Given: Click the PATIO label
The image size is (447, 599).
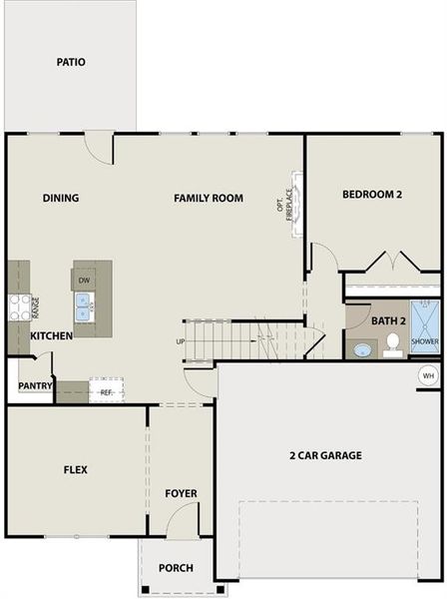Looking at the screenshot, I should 71,62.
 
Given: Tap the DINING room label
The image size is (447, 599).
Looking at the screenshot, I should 61,198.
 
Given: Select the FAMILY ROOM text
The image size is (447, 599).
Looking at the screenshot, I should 209,198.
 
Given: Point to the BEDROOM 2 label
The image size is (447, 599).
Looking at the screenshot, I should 371,195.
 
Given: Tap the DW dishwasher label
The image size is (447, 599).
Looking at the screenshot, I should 85,281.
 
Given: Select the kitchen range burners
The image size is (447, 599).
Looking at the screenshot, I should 19,307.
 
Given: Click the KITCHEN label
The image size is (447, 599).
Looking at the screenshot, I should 51,336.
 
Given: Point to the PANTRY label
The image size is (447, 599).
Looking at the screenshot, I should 35,385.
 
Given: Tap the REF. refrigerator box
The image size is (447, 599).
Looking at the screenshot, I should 106,391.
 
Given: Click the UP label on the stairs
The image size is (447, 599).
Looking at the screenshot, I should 181,341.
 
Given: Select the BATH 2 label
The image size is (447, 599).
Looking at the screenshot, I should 388,320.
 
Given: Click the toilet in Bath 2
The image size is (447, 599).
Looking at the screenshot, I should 393,344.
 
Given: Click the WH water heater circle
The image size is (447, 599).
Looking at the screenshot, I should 428,375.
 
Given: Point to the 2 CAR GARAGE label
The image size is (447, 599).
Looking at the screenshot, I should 325,455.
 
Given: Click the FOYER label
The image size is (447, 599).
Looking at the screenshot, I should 182,493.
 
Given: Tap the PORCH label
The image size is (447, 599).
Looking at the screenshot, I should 177,569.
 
